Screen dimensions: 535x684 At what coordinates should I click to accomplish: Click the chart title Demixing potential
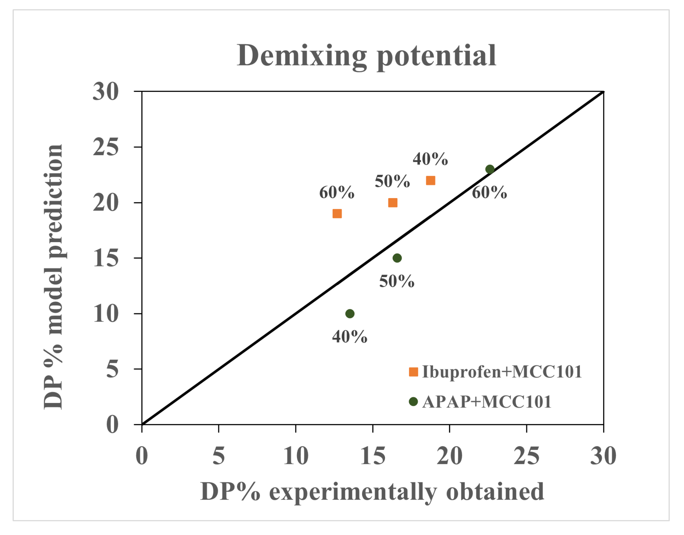[366, 56]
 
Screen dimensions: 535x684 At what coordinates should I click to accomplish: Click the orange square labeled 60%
[337, 213]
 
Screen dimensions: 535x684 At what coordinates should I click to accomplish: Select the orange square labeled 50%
[393, 202]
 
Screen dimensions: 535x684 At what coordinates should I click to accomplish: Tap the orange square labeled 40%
[430, 180]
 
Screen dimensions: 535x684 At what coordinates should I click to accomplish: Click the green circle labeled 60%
[490, 169]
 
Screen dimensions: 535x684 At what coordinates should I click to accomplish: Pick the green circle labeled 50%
[397, 258]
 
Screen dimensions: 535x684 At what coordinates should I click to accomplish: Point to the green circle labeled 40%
[350, 314]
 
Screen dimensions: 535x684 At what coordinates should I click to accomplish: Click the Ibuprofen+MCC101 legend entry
[495, 372]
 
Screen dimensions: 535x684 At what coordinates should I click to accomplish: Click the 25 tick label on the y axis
[105, 147]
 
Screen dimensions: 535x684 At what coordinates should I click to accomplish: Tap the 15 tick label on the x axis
[373, 456]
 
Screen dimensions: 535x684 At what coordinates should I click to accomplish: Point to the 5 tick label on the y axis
[112, 369]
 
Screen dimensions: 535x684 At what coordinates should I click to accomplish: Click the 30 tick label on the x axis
[603, 456]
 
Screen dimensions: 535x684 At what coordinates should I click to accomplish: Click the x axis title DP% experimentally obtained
[372, 492]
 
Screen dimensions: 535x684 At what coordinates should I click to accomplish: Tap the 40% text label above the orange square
[430, 159]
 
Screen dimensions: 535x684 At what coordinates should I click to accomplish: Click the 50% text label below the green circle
[397, 281]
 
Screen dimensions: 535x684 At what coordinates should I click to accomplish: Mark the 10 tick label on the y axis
[105, 314]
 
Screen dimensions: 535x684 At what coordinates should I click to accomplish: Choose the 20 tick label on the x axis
[449, 456]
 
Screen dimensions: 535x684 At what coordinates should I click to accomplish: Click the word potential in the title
[436, 57]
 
